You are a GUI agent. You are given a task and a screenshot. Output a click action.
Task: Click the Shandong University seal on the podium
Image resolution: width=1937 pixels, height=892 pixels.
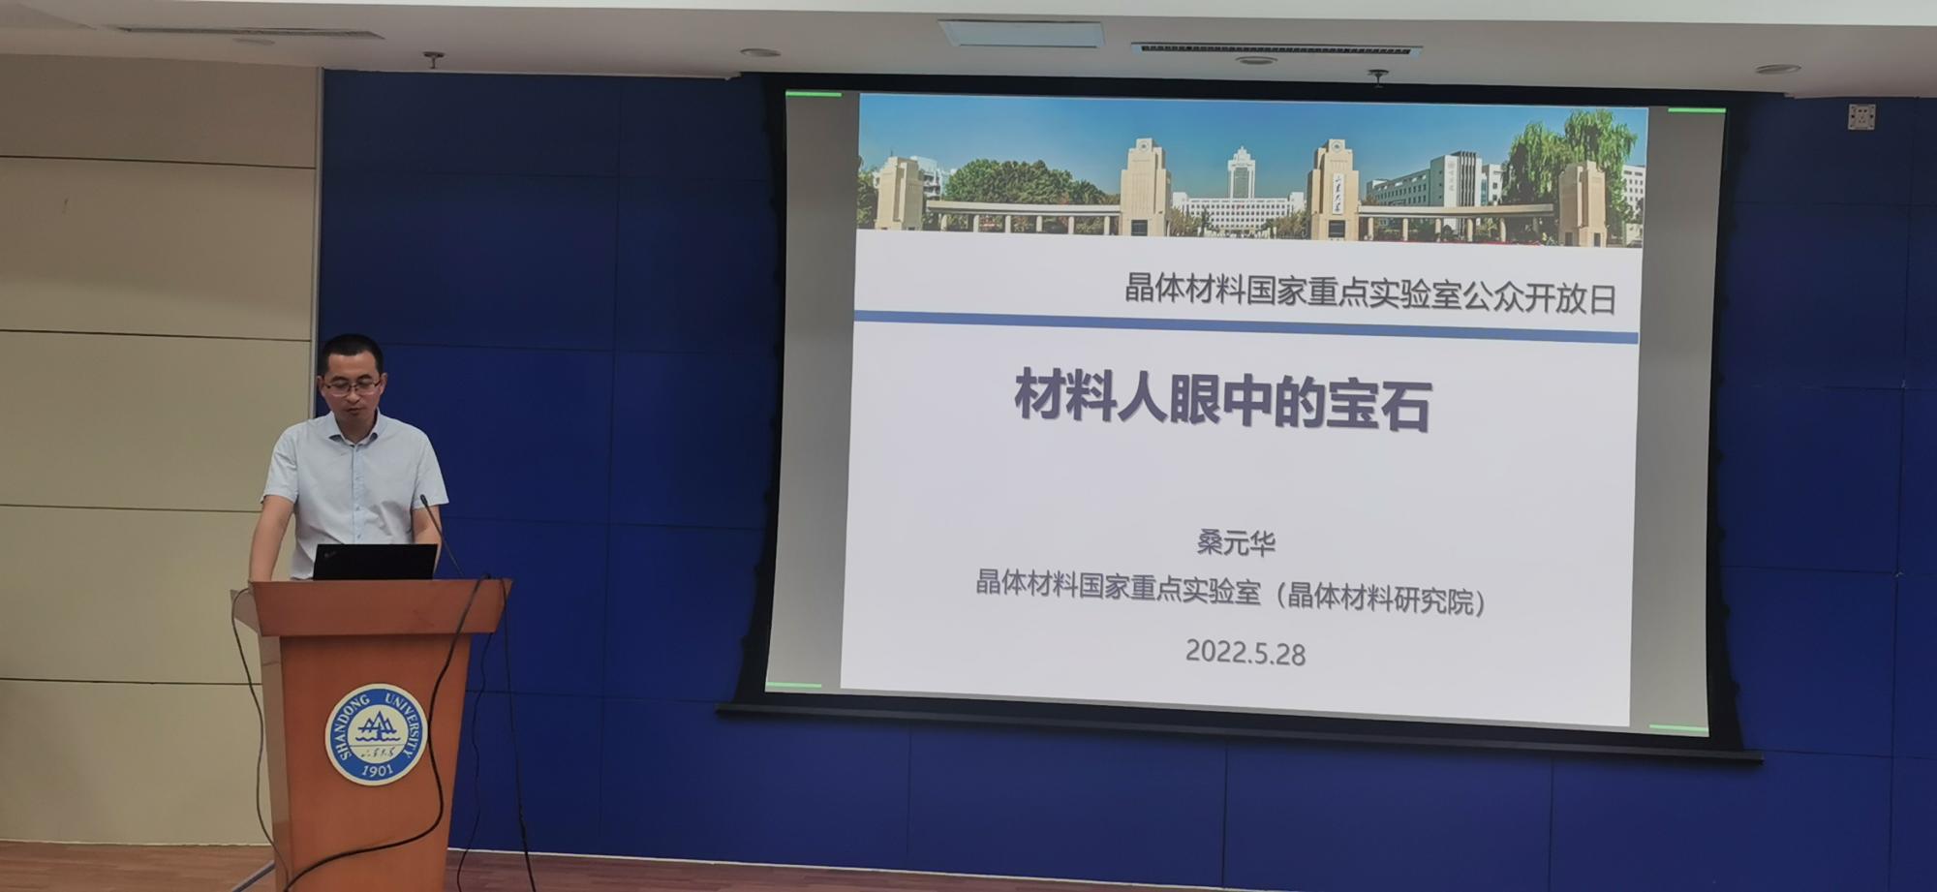pos(376,734)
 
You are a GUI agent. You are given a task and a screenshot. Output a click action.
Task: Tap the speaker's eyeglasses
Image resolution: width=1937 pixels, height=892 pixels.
pos(352,387)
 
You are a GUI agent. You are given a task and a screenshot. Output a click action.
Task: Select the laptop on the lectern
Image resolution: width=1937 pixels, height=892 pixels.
pos(375,562)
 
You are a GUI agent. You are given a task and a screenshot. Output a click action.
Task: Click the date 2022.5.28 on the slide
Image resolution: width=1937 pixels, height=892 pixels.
pos(1245,652)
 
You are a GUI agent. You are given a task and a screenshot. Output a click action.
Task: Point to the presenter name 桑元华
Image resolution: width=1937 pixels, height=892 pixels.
pos(1236,541)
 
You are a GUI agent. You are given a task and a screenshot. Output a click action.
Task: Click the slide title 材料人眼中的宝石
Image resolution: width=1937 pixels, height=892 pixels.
pos(1223,398)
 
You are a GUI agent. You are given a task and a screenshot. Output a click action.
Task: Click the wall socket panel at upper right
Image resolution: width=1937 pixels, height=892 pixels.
pos(1860,116)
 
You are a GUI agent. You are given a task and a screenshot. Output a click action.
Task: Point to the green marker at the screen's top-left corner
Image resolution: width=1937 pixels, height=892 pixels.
pos(814,94)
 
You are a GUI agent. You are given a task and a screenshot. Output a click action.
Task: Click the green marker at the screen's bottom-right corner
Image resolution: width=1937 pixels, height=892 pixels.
pos(1678,727)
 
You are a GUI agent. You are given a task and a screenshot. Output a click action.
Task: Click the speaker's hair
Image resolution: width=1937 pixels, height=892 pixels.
pos(350,352)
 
